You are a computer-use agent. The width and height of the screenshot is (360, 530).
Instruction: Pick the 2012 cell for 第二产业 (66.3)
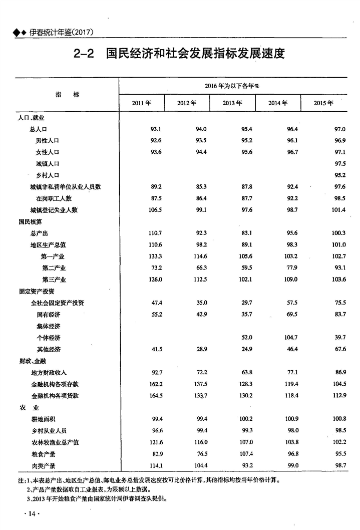(199, 268)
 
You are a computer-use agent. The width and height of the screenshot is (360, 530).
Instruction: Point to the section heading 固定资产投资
(36, 291)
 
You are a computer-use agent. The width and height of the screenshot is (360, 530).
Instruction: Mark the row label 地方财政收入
(49, 372)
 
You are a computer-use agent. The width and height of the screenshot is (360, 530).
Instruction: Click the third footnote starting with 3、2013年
(95, 498)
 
